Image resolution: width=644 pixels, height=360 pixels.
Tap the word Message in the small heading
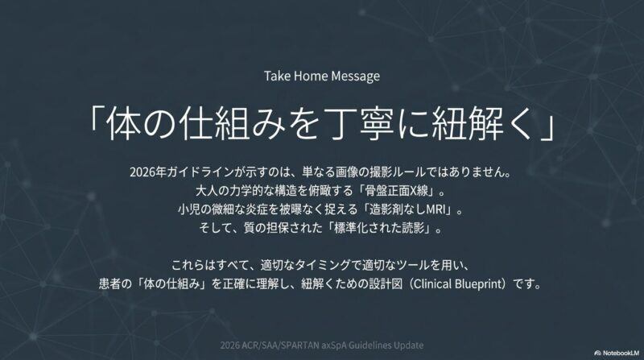tap(356, 77)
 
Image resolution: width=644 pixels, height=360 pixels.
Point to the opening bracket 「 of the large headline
tap(95, 119)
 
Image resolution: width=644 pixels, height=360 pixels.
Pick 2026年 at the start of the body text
tap(148, 172)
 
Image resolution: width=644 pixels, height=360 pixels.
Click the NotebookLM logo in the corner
tap(617, 353)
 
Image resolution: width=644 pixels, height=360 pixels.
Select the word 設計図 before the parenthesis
tap(386, 284)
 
